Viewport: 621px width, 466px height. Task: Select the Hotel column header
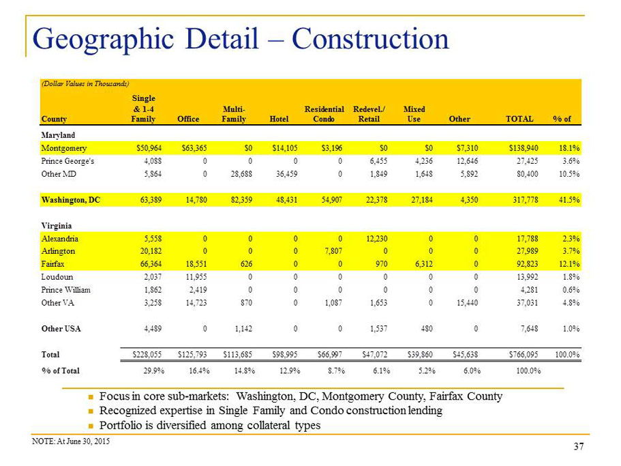(279, 119)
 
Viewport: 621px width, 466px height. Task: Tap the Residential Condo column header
(324, 114)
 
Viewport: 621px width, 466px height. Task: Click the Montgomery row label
(64, 149)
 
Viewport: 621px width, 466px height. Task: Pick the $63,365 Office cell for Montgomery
(194, 148)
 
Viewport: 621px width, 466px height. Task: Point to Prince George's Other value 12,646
(467, 161)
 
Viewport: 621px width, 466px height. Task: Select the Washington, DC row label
(70, 200)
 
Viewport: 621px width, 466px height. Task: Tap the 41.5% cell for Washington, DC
(569, 200)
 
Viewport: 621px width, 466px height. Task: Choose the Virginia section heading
(57, 226)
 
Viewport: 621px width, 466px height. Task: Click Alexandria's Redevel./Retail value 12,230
(376, 239)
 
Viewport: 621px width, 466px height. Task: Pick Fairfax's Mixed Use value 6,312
(423, 264)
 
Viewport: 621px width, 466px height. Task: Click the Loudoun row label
(57, 277)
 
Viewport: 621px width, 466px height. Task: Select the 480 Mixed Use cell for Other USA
(427, 329)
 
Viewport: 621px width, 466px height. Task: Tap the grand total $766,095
(523, 355)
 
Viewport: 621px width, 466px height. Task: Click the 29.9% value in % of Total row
(153, 371)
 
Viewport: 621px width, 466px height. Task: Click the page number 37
(579, 447)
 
